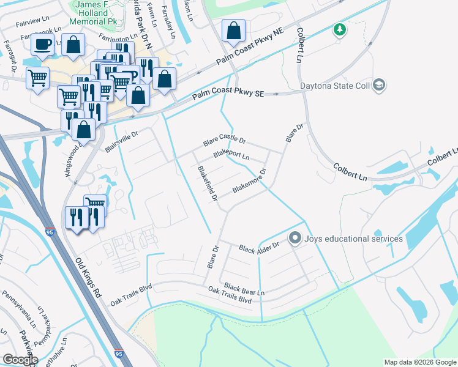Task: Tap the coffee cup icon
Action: tap(42, 45)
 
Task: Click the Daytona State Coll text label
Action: tap(335, 86)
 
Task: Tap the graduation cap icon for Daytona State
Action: tap(379, 85)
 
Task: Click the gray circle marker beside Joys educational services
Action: tap(295, 238)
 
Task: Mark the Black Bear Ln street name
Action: tap(244, 289)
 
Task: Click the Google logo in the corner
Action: tap(20, 359)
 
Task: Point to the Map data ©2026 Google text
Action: tap(420, 362)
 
